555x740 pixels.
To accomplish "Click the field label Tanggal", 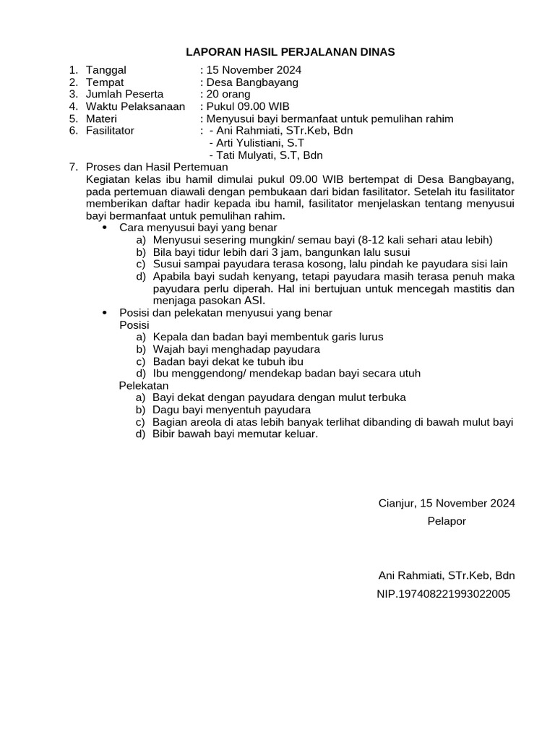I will coord(106,70).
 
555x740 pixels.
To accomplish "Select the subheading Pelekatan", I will coord(144,386).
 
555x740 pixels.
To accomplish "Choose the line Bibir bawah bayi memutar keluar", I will coord(235,434).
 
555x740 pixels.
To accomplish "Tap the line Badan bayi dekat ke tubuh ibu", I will coord(228,361).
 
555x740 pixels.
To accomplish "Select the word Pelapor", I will coord(447,521).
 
